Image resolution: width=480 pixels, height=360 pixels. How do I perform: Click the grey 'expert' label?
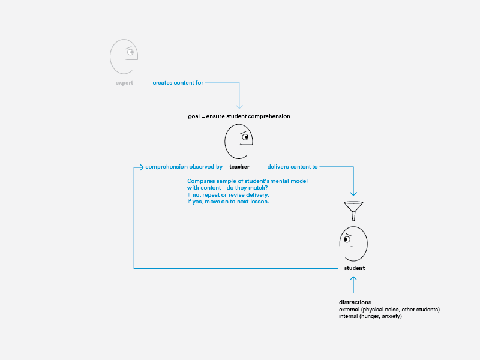click(124, 83)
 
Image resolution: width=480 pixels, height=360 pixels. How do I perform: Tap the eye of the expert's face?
click(131, 52)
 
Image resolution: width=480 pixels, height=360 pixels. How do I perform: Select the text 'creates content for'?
click(178, 83)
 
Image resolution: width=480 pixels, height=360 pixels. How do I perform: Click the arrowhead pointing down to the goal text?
click(239, 106)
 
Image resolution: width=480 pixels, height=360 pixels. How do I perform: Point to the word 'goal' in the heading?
click(193, 116)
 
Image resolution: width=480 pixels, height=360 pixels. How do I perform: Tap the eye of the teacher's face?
click(245, 137)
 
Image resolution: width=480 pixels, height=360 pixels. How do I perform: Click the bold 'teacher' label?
click(239, 167)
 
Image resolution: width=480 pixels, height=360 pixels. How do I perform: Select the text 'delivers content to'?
click(292, 167)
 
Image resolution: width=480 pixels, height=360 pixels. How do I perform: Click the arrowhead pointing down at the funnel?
click(353, 193)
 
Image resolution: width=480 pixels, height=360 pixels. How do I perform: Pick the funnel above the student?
click(353, 211)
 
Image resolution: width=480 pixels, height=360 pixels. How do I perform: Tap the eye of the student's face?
click(347, 239)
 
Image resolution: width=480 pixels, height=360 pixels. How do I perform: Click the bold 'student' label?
click(355, 268)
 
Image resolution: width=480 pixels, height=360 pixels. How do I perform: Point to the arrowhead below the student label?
click(353, 279)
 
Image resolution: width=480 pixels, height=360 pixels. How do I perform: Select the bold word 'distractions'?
click(355, 302)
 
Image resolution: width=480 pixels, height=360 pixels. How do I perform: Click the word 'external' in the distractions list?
click(349, 310)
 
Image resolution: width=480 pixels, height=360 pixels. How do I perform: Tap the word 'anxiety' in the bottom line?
click(391, 316)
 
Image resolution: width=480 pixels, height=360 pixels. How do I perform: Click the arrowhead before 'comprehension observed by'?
click(141, 167)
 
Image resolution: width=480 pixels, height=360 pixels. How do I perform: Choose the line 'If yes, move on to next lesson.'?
click(228, 202)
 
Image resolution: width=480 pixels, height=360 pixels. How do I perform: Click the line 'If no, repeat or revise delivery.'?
click(228, 195)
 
